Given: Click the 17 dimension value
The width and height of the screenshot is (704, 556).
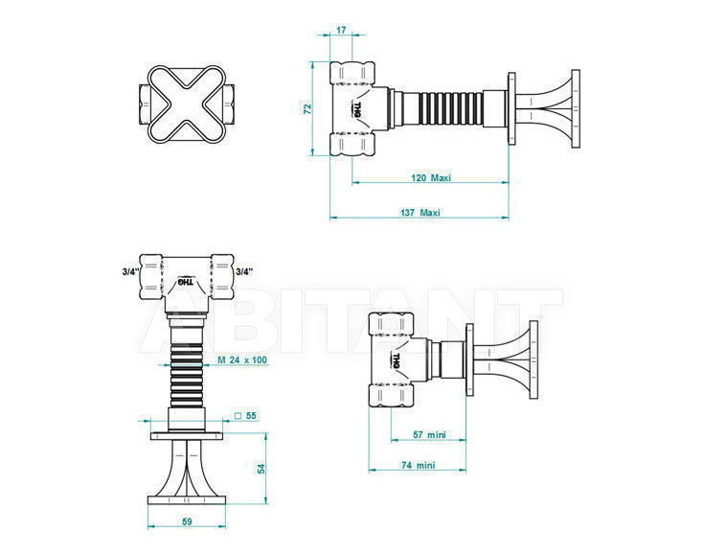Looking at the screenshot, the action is [341, 30].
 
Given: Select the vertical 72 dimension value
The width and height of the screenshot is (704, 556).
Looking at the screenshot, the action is [307, 108].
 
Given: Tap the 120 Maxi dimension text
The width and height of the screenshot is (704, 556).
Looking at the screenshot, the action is [431, 177].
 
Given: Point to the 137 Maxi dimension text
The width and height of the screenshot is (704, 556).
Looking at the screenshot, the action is [420, 212].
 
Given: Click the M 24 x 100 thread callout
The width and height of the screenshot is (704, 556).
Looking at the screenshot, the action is [242, 360].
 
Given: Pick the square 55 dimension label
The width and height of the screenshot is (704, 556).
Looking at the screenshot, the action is [245, 416].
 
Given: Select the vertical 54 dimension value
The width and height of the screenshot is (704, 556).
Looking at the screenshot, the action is [261, 468].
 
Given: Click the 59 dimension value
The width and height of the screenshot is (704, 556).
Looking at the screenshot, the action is [187, 521].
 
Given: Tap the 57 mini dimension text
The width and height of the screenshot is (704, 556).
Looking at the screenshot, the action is [429, 434].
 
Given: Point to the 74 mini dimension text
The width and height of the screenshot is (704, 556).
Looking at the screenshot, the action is [418, 465].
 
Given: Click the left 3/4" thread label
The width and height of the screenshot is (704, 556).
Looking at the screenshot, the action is [130, 271].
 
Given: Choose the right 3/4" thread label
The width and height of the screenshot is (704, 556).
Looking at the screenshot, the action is [244, 271].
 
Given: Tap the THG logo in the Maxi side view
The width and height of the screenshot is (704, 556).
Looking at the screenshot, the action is [357, 109].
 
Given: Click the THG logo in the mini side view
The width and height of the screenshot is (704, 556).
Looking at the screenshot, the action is [396, 360].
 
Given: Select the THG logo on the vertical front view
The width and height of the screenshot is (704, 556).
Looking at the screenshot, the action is [186, 282].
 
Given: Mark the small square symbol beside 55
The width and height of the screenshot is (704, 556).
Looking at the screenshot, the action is [238, 416].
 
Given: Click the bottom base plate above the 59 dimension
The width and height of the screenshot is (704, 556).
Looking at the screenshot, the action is [187, 500].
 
